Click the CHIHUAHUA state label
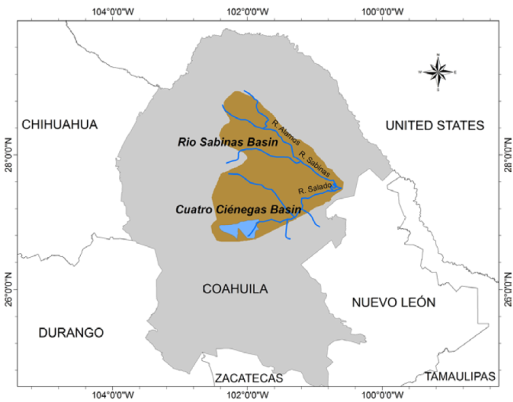[60, 125]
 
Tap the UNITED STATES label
[434, 125]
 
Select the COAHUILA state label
[235, 289]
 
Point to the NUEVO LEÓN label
[393, 302]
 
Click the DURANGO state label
[70, 332]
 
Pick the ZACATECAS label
[249, 378]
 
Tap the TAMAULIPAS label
[460, 376]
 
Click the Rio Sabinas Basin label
[227, 142]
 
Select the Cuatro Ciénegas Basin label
[238, 209]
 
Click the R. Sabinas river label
[313, 162]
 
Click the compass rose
[437, 71]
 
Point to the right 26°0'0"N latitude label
[505, 288]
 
